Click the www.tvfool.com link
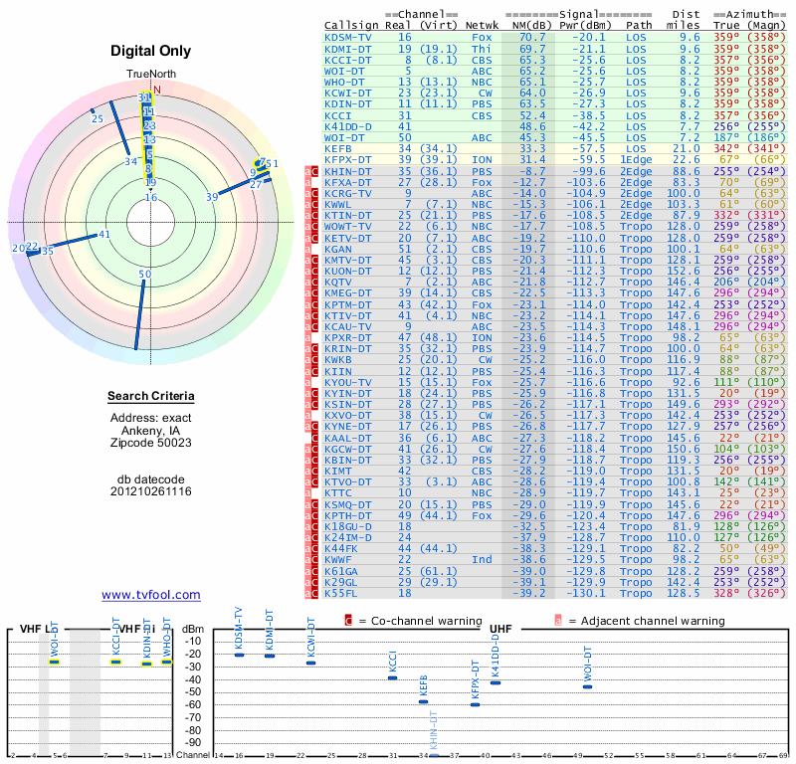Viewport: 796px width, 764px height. pos(150,595)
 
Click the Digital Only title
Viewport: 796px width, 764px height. pos(150,51)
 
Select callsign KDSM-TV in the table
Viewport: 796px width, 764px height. pos(348,36)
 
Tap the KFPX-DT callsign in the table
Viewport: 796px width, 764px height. pos(348,159)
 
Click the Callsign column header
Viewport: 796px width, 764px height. pos(352,24)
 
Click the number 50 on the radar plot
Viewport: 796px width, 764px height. pos(145,275)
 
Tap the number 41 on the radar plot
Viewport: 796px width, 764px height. pos(104,235)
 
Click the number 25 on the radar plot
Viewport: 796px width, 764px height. pos(97,119)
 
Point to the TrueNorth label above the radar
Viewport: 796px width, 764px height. pos(150,75)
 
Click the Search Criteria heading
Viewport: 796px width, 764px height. pos(150,397)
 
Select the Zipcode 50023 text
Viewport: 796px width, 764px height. pos(150,443)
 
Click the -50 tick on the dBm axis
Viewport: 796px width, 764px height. pos(193,692)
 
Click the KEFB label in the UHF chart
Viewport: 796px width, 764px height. pos(423,684)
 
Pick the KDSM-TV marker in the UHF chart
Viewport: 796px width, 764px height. pos(239,655)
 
